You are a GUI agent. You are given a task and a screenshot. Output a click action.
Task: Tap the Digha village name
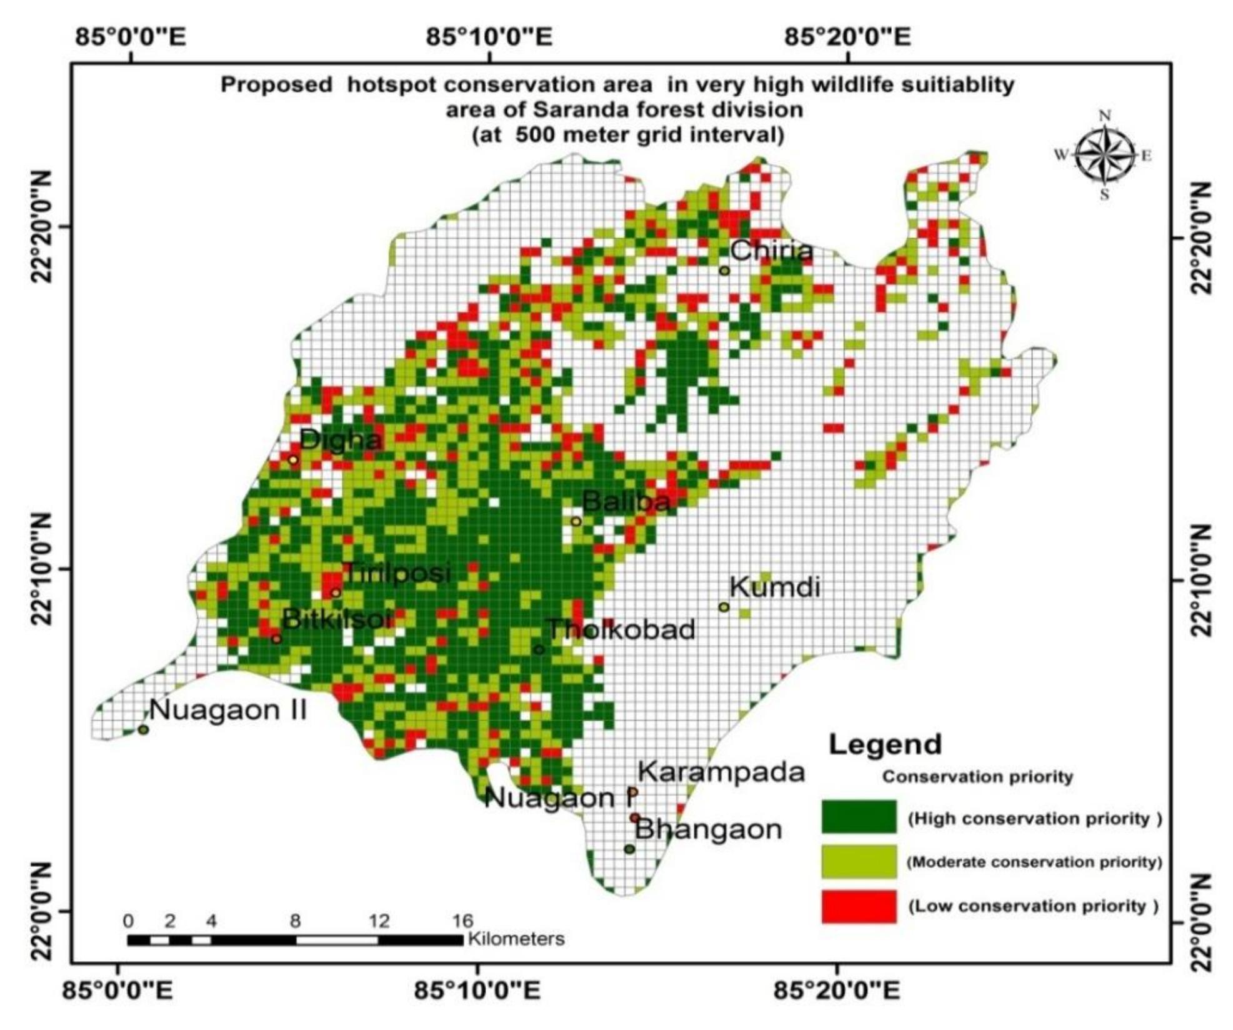point(340,440)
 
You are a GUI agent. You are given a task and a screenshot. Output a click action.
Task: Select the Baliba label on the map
point(626,501)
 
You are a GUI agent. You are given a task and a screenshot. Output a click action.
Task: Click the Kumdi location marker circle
point(724,607)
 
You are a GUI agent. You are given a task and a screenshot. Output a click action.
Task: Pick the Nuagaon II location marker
point(143,729)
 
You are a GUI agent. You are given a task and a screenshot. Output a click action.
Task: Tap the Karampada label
point(721,772)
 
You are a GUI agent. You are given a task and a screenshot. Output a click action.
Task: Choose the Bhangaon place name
point(708,830)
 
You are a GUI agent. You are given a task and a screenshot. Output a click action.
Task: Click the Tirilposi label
point(396,572)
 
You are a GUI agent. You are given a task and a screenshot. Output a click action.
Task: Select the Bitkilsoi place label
point(336,619)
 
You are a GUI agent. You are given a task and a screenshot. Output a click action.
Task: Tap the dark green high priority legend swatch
point(859,817)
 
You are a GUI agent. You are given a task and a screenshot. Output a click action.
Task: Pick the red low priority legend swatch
point(859,906)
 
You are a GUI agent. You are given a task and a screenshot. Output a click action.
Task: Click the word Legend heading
point(884,744)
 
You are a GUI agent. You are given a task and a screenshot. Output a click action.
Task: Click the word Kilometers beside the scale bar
point(516,939)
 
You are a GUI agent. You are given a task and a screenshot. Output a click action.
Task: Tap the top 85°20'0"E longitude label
point(847,37)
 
